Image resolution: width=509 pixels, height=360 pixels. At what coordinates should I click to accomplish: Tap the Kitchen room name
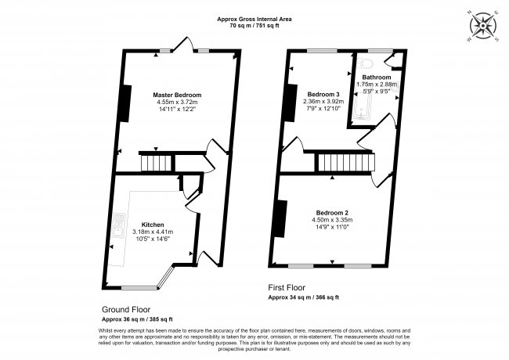click(152, 225)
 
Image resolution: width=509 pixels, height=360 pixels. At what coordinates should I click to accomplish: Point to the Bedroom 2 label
click(333, 213)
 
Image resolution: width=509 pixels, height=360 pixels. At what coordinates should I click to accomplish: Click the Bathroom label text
click(377, 77)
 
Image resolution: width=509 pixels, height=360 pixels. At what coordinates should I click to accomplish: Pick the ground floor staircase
click(155, 164)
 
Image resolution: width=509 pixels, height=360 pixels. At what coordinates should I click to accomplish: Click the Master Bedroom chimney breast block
click(124, 99)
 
